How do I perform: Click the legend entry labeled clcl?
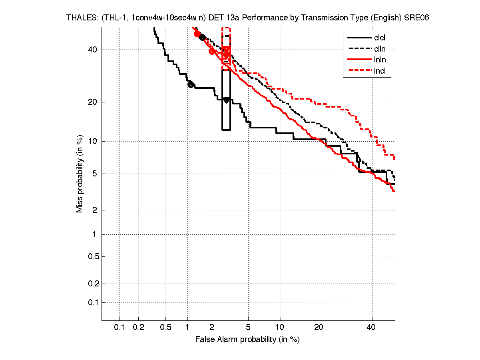pyautogui.click(x=380, y=38)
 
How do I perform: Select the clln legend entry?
pyautogui.click(x=380, y=49)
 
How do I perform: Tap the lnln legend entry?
pyautogui.click(x=380, y=60)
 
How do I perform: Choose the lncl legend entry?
pyautogui.click(x=380, y=72)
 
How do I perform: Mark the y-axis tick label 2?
pyautogui.click(x=95, y=210)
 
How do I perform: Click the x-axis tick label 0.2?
pyautogui.click(x=138, y=328)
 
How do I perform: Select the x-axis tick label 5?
pyautogui.click(x=248, y=328)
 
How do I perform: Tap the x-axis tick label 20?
pyautogui.click(x=318, y=328)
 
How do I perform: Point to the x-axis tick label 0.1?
pyautogui.click(x=120, y=328)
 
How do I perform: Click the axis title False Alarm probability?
pyautogui.click(x=247, y=340)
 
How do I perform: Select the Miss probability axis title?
pyautogui.click(x=80, y=174)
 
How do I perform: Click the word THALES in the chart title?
pyautogui.click(x=79, y=18)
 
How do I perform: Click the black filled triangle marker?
pyautogui.click(x=226, y=100)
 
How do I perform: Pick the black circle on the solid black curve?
pyautogui.click(x=191, y=84)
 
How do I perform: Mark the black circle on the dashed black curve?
pyautogui.click(x=202, y=37)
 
